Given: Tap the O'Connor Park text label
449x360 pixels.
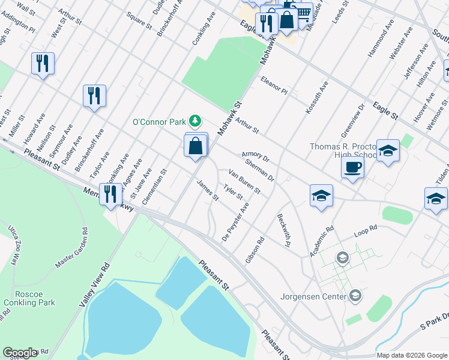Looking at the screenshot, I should click(x=159, y=122).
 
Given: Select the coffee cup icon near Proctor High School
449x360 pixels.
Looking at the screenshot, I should click(x=352, y=167).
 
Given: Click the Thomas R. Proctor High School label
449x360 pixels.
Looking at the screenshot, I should click(x=342, y=151).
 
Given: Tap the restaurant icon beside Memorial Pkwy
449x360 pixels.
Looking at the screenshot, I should click(x=110, y=194).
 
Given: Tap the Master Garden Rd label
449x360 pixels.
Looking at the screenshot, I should click(x=71, y=248).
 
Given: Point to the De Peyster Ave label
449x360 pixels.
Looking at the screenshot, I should click(x=235, y=221).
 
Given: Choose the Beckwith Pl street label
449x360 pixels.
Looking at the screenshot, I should click(x=284, y=230).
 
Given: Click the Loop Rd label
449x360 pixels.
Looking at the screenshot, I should click(x=365, y=229).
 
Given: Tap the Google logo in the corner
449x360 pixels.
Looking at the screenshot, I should click(x=20, y=353).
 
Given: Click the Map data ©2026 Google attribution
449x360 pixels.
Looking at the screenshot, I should click(x=412, y=355).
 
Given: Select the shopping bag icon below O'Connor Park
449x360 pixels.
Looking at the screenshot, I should click(x=196, y=146).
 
